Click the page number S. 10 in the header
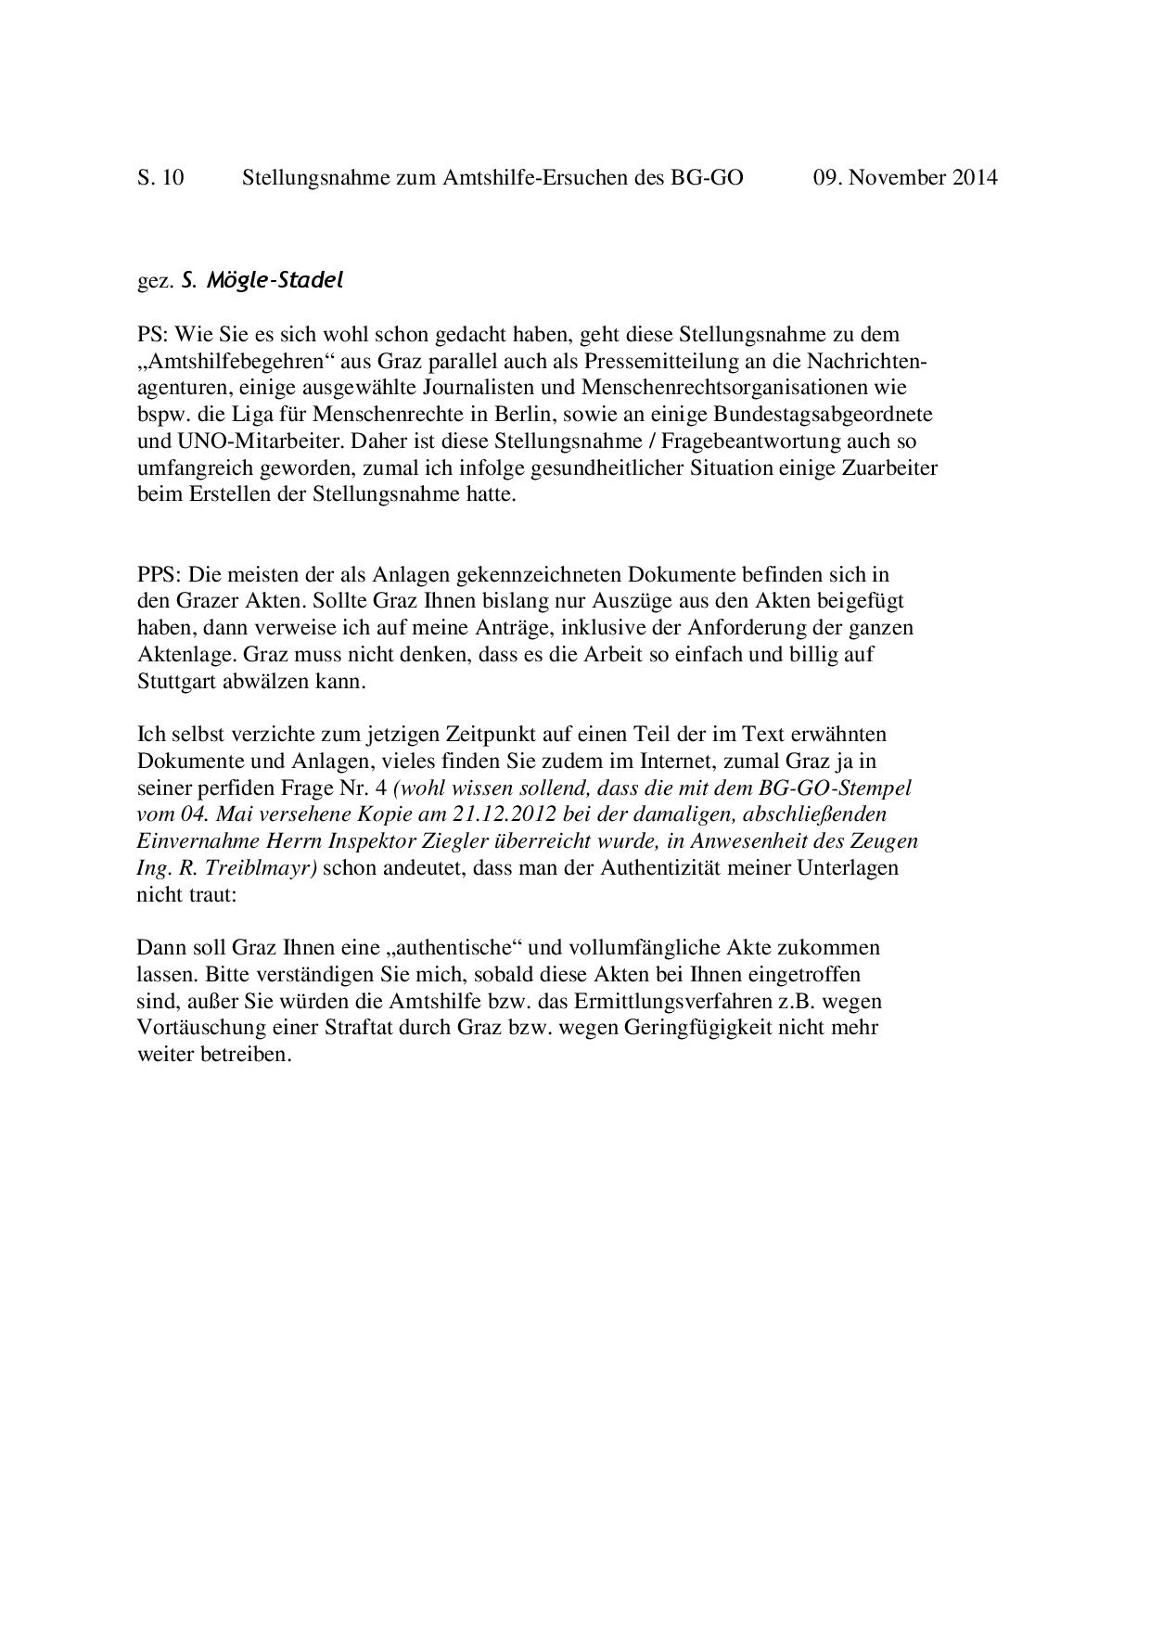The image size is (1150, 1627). click(160, 177)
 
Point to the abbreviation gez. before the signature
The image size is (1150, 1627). click(156, 281)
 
